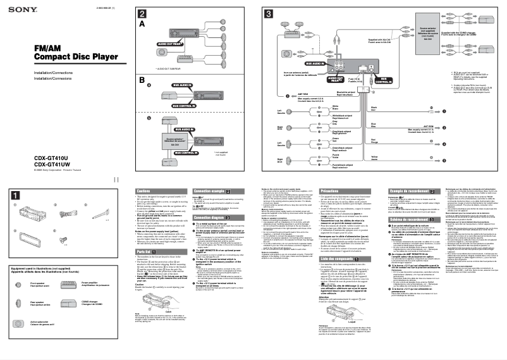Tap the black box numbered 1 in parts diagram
[13, 193]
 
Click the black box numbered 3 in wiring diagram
[269, 14]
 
